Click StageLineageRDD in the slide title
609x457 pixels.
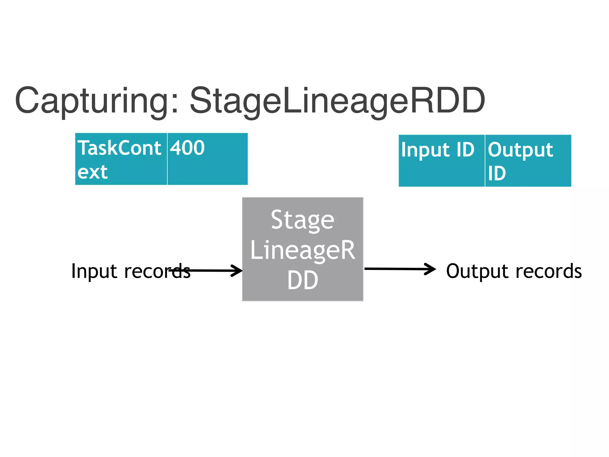(338, 101)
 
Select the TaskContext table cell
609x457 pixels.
(121, 159)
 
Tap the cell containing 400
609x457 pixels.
(207, 159)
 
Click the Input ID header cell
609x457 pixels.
(442, 161)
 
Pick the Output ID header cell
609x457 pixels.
(528, 161)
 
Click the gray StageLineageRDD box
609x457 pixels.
(303, 249)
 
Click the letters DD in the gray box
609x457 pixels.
(303, 280)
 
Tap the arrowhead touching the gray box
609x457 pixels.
(237, 271)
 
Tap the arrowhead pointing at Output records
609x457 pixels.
(431, 269)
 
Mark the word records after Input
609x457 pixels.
(157, 271)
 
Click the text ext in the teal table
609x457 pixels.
(92, 172)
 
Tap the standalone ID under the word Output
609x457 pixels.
(497, 173)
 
